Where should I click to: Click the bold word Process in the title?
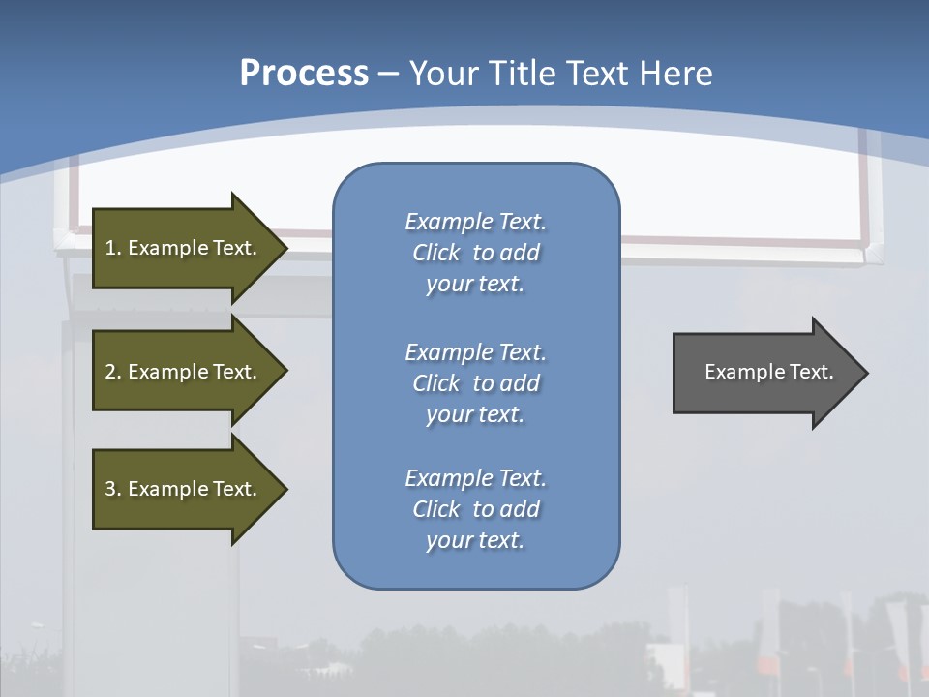point(304,74)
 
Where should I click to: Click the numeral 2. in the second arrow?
point(112,372)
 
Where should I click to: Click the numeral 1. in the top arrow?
point(112,248)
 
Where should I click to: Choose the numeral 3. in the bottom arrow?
point(112,489)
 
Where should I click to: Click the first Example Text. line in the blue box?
point(475,222)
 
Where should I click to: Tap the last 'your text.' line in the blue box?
point(475,540)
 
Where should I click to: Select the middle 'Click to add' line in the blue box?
point(475,383)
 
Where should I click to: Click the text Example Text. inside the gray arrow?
point(768,372)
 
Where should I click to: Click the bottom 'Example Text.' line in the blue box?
point(475,478)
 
